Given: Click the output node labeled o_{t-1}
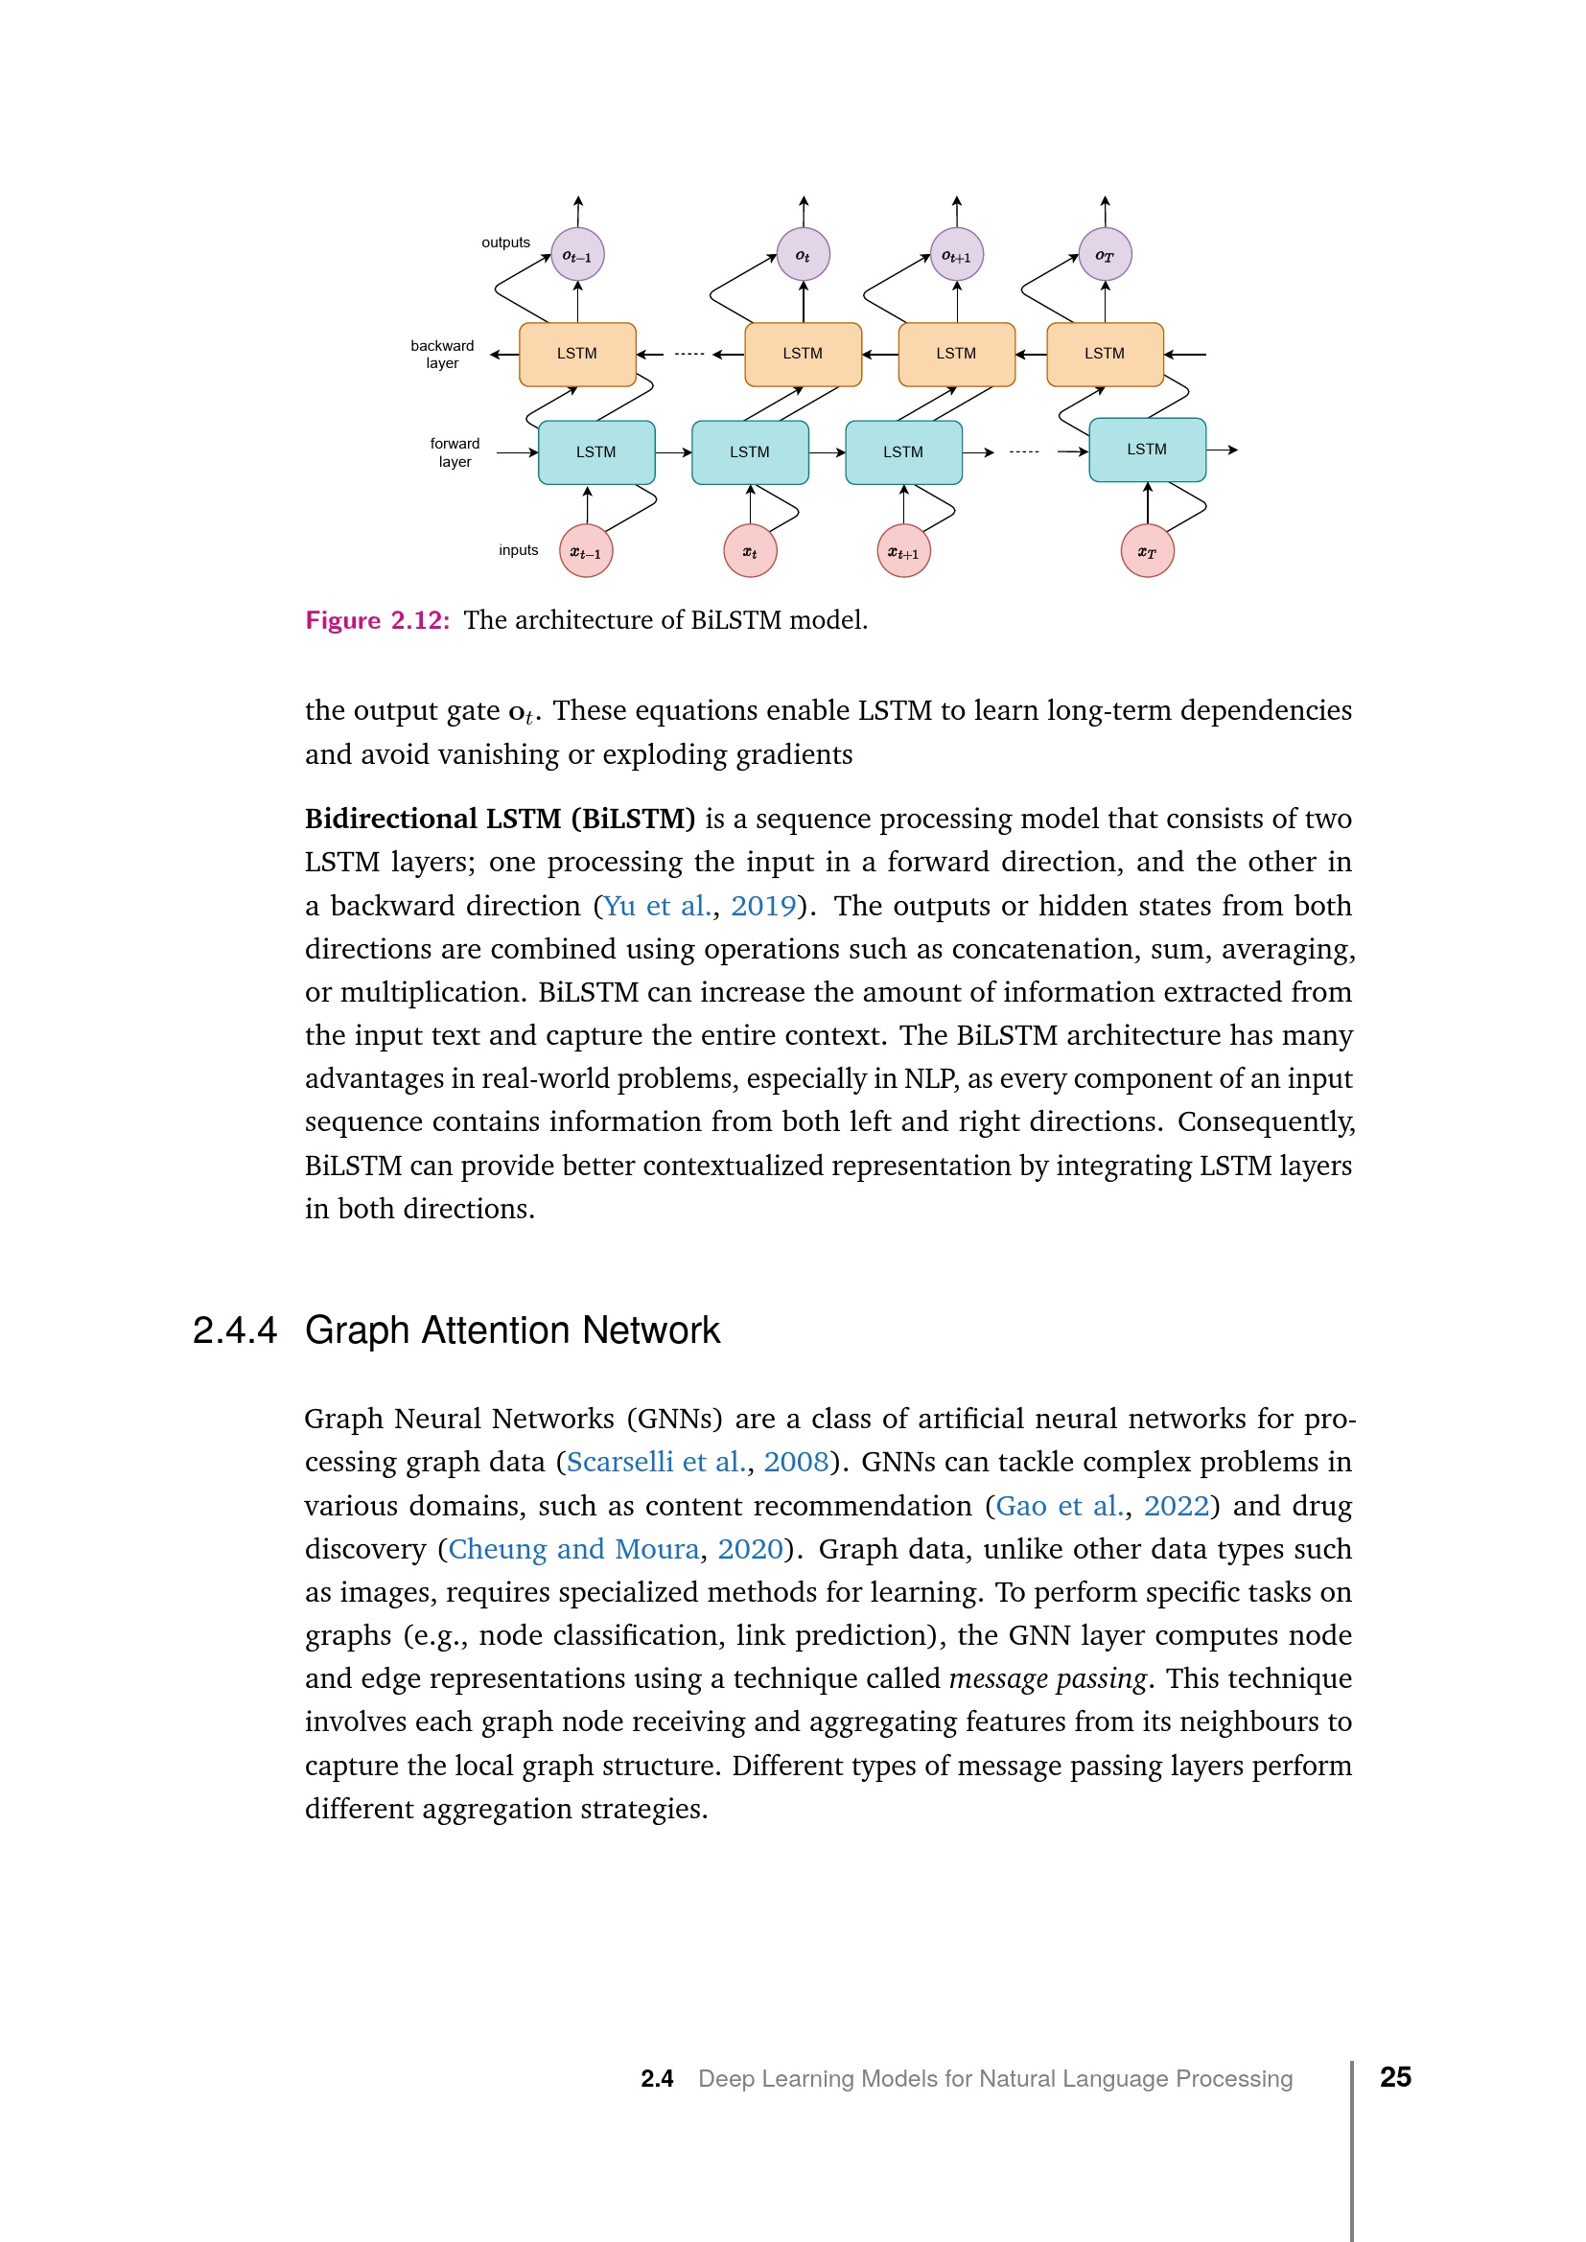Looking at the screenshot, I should pyautogui.click(x=577, y=255).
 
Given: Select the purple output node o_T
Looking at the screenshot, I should pyautogui.click(x=1105, y=255).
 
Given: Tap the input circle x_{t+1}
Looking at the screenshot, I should pyautogui.click(x=903, y=552).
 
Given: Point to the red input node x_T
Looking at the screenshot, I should pyautogui.click(x=1147, y=552).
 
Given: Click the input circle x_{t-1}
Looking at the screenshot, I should pyautogui.click(x=586, y=552).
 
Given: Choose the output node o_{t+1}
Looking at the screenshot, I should pyautogui.click(x=956, y=255).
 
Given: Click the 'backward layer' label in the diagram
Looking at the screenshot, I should pyautogui.click(x=442, y=355).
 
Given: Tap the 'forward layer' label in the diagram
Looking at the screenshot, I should pyautogui.click(x=455, y=452).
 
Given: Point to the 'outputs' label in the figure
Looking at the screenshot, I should pyautogui.click(x=506, y=243).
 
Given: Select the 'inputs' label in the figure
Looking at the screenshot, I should pyautogui.click(x=519, y=550).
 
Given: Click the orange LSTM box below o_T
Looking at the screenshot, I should pyautogui.click(x=1105, y=354).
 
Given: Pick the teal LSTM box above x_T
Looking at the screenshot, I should pyautogui.click(x=1147, y=450).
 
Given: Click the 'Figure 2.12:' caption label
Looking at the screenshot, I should pyautogui.click(x=378, y=620).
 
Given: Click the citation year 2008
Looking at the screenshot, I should pyautogui.click(x=796, y=1462).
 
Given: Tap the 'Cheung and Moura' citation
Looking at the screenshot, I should pyautogui.click(x=573, y=1549).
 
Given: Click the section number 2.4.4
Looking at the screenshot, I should pyautogui.click(x=235, y=1331).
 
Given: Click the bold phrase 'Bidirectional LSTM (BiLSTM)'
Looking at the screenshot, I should pyautogui.click(x=500, y=819).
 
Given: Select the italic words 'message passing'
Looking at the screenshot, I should pyautogui.click(x=1047, y=1678).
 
